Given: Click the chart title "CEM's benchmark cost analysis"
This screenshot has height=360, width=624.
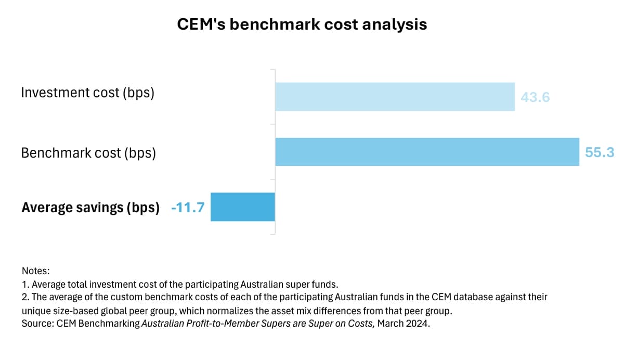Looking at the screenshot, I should coord(302,24).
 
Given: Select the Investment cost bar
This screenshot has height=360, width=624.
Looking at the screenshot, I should coord(395,97).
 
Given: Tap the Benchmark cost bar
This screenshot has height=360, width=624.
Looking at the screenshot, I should coord(427,152).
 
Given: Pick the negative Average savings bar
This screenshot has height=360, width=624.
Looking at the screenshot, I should coord(242,207).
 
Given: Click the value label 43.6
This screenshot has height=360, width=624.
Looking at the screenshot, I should coord(535,97).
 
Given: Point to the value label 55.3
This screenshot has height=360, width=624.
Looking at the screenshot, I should coord(600,152).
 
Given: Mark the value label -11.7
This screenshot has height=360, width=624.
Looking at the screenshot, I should coord(188,208).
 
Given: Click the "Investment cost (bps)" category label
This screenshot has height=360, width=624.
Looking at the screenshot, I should coord(87,93).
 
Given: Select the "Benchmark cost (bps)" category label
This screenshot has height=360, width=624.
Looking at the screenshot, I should coord(88,153).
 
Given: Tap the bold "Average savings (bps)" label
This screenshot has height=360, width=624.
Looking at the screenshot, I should coord(90,208).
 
